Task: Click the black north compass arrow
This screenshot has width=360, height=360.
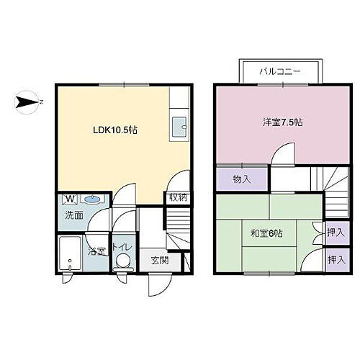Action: click(x=25, y=102)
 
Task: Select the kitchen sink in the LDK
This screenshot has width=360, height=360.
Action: click(x=179, y=128)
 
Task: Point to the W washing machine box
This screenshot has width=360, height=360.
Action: click(x=71, y=199)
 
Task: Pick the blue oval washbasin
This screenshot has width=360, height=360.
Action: click(x=91, y=199)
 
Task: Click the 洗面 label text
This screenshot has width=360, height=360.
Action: click(x=74, y=215)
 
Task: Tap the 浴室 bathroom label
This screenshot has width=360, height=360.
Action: click(x=96, y=253)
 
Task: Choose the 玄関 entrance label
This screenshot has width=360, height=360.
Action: click(x=160, y=260)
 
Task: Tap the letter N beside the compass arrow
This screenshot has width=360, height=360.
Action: click(x=41, y=102)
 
